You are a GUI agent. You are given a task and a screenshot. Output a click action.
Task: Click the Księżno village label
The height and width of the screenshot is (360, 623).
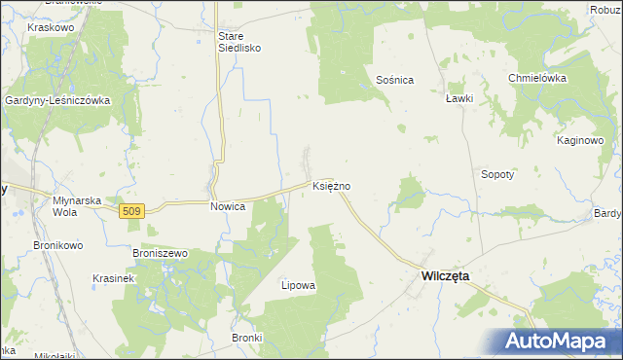click(x=332, y=185)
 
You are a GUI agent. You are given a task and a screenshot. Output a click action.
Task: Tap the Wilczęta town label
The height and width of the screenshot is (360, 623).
click(x=445, y=276)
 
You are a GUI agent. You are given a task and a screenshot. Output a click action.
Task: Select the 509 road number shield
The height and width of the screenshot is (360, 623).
click(x=133, y=209)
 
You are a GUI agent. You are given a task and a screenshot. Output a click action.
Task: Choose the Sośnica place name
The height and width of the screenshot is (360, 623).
click(x=395, y=79)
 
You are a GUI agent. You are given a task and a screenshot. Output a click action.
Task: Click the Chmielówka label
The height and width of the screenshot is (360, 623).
click(x=536, y=78)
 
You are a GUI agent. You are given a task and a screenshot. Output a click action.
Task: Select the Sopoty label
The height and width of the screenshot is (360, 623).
click(x=497, y=175)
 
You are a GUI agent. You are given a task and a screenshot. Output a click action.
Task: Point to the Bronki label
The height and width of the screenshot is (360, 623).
click(x=248, y=338)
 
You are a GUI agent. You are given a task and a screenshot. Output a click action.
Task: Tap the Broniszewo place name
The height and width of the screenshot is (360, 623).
click(x=161, y=253)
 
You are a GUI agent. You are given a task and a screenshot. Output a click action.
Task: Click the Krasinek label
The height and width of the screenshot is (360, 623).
click(x=112, y=277)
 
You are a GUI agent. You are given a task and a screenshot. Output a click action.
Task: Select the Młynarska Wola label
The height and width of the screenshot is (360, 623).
click(x=77, y=206)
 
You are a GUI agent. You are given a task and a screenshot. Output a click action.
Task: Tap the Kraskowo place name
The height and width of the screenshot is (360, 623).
click(x=52, y=28)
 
